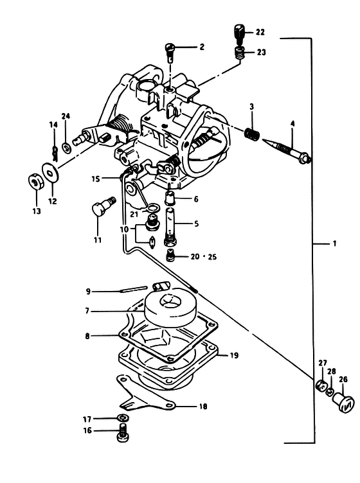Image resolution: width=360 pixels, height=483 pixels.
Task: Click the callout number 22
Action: (x=260, y=32)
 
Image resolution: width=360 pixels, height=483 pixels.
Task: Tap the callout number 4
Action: (x=292, y=124)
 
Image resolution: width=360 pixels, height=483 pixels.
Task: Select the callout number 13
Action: (x=37, y=211)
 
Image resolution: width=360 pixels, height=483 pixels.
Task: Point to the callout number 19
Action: (x=234, y=355)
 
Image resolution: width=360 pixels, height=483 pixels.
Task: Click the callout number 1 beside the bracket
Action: (x=334, y=243)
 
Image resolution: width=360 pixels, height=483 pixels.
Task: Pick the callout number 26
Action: (x=343, y=379)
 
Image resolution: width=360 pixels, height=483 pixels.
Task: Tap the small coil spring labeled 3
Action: (x=252, y=134)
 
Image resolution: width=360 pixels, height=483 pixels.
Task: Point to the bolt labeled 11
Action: (x=103, y=206)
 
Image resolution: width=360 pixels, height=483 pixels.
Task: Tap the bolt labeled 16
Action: (x=123, y=432)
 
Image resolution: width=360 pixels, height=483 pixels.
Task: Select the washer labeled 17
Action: (x=123, y=418)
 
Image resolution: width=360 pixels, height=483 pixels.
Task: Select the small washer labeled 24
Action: (x=66, y=148)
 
